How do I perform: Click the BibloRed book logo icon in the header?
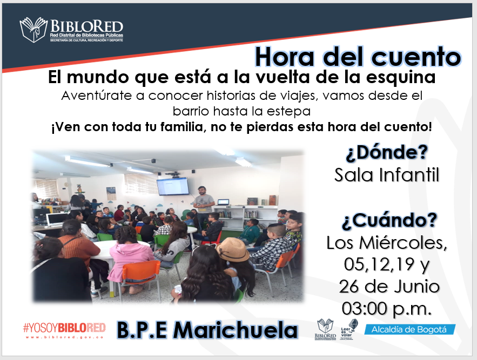(33, 30)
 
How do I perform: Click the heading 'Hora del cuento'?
(358, 57)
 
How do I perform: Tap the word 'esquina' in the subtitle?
(401, 78)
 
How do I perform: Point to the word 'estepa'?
(288, 111)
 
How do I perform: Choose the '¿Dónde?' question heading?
(387, 152)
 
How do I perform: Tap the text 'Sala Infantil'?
(387, 175)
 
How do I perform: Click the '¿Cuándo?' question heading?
(389, 220)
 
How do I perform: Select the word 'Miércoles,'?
(403, 243)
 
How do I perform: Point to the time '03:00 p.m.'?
(387, 308)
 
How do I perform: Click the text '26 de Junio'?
(389, 287)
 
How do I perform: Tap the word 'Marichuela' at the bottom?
(235, 330)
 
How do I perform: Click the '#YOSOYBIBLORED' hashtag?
(64, 328)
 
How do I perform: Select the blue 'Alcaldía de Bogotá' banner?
(409, 329)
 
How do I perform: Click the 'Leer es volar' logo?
(349, 329)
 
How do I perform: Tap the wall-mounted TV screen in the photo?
(173, 186)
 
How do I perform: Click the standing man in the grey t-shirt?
(203, 207)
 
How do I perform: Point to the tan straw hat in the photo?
(232, 250)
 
